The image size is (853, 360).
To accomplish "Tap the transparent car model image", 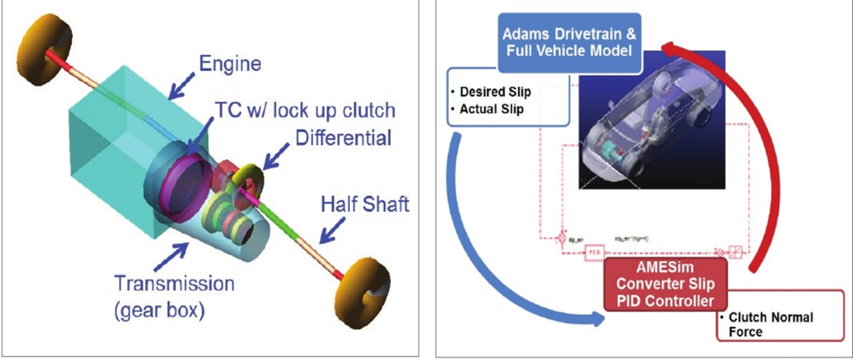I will [652, 130].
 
